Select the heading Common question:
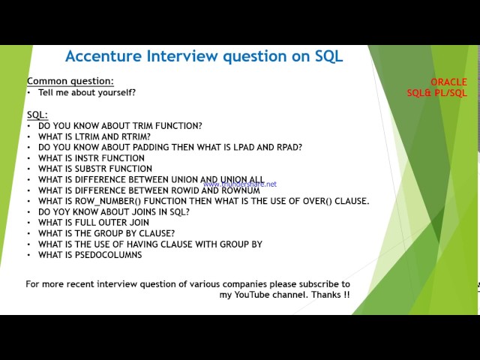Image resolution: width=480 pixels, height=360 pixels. point(70,81)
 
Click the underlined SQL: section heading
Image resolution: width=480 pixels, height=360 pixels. point(37,115)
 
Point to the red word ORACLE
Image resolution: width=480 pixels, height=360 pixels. point(448,82)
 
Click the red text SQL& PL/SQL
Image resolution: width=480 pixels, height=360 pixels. point(436,93)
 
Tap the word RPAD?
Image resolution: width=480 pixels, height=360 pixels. point(286,148)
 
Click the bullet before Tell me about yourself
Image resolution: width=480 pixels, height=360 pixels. point(29,92)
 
